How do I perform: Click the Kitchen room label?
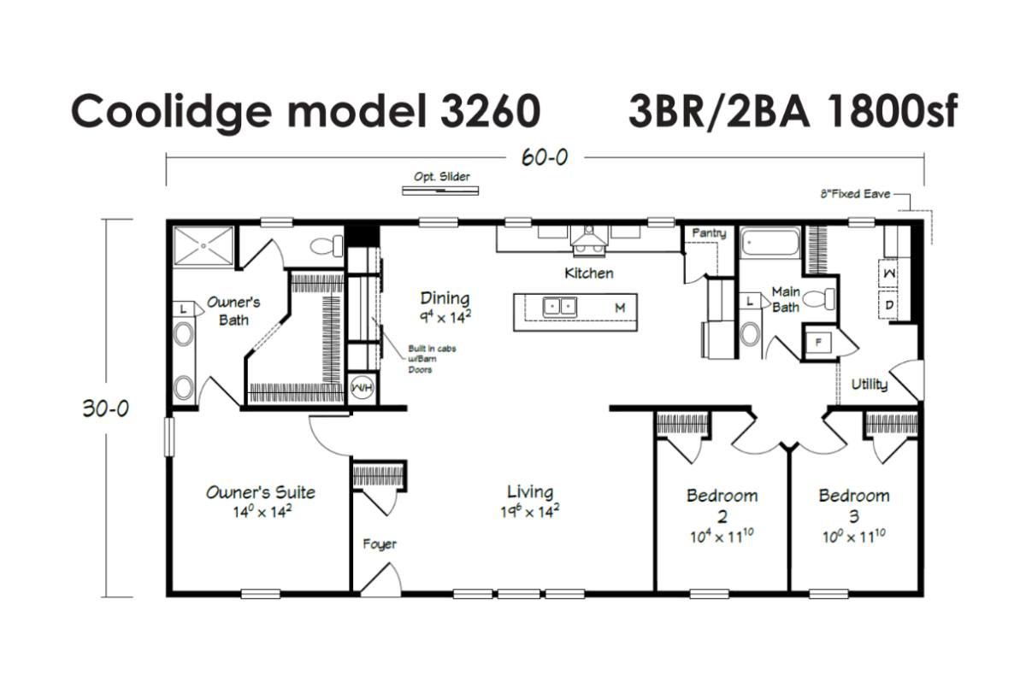pyautogui.click(x=589, y=273)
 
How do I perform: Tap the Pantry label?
pyautogui.click(x=709, y=233)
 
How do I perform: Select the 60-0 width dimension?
pyautogui.click(x=545, y=158)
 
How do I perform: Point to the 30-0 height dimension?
pyautogui.click(x=106, y=408)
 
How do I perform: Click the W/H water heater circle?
pyautogui.click(x=362, y=389)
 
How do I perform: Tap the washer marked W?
pyautogui.click(x=888, y=273)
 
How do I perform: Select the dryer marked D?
pyautogui.click(x=888, y=304)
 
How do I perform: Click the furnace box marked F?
pyautogui.click(x=818, y=342)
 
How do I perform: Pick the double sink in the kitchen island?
pyautogui.click(x=559, y=307)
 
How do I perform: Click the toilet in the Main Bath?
pyautogui.click(x=819, y=299)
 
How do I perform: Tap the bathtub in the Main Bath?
pyautogui.click(x=770, y=242)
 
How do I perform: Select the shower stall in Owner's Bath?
pyautogui.click(x=203, y=246)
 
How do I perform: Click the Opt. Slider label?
pyautogui.click(x=441, y=177)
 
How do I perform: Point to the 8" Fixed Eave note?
pyautogui.click(x=855, y=194)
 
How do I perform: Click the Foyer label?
pyautogui.click(x=380, y=543)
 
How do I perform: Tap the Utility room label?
pyautogui.click(x=870, y=384)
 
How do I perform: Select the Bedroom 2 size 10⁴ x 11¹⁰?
pyautogui.click(x=722, y=536)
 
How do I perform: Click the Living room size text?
pyautogui.click(x=529, y=511)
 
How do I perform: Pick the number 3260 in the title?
pyautogui.click(x=491, y=111)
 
